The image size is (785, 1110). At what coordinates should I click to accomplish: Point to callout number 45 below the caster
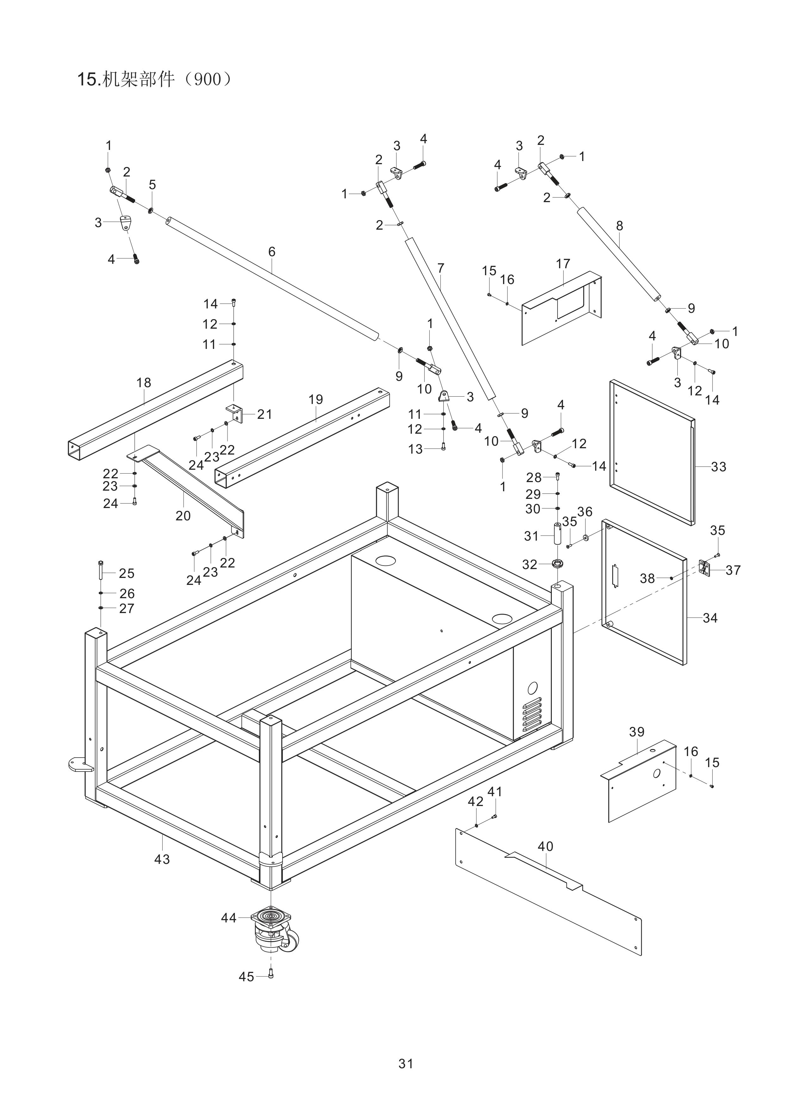[x=246, y=977]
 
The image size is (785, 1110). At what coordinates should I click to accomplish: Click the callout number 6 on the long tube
[x=272, y=251]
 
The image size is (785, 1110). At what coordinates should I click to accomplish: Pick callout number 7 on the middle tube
[x=440, y=268]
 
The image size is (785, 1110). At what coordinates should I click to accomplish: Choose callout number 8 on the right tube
[x=620, y=226]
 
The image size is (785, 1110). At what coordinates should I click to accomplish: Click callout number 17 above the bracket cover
[x=563, y=264]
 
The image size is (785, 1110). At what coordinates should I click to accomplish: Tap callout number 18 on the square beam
[x=144, y=382]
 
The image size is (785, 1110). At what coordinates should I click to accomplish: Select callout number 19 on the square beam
[x=315, y=399]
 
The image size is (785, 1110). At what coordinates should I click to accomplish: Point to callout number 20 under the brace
[x=183, y=516]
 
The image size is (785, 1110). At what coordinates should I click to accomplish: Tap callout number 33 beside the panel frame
[x=719, y=467]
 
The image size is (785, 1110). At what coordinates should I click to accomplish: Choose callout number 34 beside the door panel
[x=710, y=617]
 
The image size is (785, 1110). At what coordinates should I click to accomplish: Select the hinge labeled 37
[x=705, y=568]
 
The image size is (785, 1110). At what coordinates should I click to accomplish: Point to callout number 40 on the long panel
[x=545, y=846]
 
